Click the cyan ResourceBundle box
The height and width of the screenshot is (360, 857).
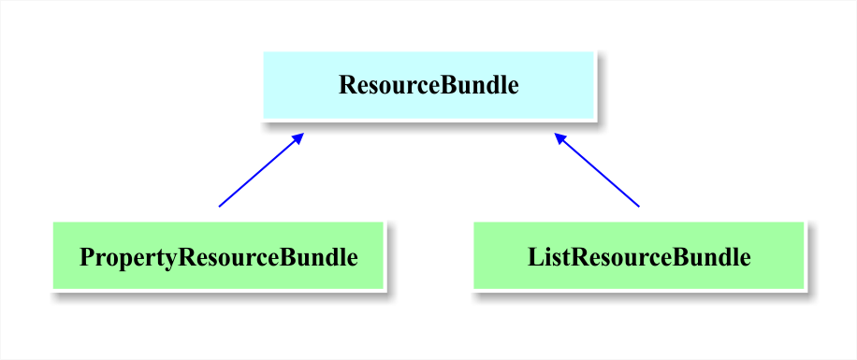point(428,85)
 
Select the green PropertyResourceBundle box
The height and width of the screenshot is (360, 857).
point(218,255)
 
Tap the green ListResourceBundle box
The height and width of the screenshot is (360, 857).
point(639,255)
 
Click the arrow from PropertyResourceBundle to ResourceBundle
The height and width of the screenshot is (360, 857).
point(260,170)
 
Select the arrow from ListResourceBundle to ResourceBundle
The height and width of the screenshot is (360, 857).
point(597,170)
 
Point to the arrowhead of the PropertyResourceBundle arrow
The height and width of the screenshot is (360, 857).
point(299,137)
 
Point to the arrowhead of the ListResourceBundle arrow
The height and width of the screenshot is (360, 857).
point(559,137)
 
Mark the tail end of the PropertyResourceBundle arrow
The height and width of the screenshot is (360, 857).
point(219,206)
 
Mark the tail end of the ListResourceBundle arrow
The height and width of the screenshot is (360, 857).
point(639,206)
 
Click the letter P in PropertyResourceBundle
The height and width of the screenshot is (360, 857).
point(86,257)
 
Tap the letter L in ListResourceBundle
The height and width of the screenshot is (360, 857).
point(534,257)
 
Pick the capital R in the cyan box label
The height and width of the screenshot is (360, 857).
point(346,86)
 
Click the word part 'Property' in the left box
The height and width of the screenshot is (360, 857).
point(128,258)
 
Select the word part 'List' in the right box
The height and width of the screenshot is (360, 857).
point(548,257)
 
